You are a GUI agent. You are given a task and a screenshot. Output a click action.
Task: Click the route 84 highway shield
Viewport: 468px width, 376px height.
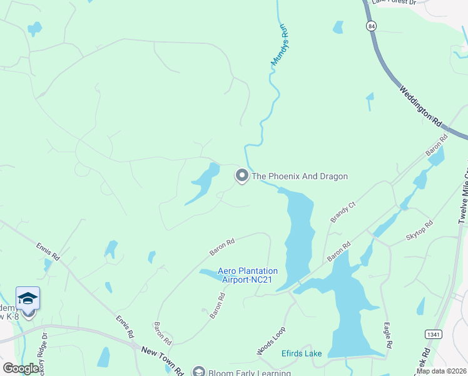372,26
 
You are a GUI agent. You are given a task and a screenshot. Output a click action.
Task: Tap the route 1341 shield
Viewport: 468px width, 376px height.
432,334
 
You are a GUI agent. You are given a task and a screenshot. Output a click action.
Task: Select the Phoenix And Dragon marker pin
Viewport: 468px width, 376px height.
242,176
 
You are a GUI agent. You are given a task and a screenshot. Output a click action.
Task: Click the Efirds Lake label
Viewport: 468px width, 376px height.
302,353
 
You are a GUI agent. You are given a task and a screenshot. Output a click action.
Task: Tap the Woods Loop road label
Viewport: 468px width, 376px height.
270,342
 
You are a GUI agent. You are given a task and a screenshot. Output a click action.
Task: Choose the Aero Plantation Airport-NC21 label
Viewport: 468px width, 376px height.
247,275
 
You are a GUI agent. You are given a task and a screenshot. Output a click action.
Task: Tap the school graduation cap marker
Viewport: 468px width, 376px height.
28,298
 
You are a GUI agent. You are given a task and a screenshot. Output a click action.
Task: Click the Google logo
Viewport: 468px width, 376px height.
21,368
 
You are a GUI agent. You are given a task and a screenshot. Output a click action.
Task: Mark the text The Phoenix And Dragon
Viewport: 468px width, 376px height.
299,177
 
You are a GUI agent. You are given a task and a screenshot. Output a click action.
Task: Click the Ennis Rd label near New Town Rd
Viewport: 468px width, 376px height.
125,328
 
